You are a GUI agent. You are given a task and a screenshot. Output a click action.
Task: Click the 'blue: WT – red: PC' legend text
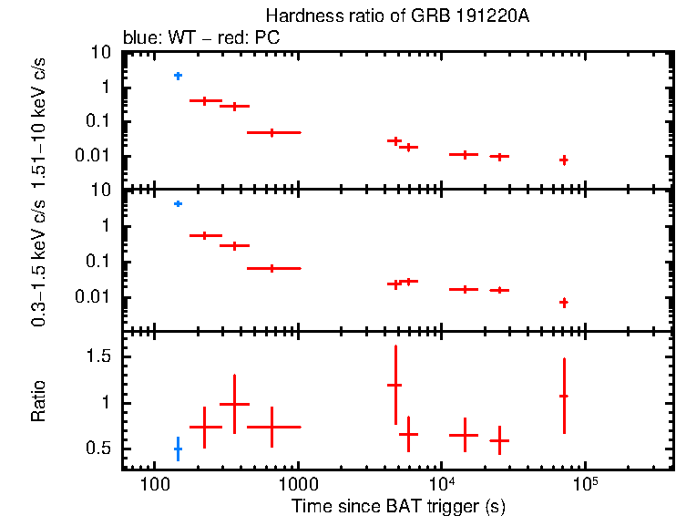200,39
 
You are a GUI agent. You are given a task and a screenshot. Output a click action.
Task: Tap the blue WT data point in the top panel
178,76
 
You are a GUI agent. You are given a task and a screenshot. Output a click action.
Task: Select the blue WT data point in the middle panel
178,203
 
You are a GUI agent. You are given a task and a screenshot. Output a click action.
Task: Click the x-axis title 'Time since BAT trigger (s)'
398,505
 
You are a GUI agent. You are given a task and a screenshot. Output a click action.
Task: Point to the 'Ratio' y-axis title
38,401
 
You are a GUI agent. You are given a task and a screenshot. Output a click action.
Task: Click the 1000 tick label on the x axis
297,482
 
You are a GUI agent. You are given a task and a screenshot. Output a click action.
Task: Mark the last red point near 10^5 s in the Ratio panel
564,396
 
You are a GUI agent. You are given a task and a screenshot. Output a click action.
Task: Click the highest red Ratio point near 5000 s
394,385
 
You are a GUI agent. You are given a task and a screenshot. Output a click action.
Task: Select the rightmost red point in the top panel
564,160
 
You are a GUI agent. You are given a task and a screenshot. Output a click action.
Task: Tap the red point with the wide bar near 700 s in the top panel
272,132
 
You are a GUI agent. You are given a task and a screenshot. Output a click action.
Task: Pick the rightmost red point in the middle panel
564,302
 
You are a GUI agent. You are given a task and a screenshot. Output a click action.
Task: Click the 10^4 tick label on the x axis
441,480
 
